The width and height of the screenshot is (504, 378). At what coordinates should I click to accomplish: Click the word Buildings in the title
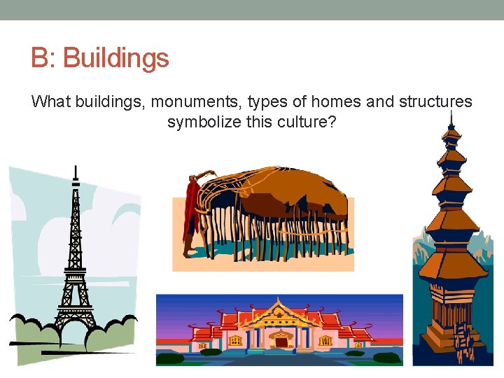click(x=116, y=57)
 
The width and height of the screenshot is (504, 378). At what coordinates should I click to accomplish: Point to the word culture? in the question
click(x=308, y=122)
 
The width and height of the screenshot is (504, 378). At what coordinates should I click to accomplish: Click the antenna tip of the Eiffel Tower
click(x=76, y=168)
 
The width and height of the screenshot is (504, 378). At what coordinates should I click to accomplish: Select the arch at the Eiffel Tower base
click(x=73, y=323)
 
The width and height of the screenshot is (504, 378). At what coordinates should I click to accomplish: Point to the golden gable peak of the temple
click(x=280, y=302)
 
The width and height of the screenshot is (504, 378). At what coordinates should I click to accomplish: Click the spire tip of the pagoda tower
click(x=451, y=115)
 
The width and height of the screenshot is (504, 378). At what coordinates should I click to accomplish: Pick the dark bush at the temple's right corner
click(x=386, y=358)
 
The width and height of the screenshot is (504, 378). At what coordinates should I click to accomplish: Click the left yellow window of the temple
click(x=235, y=341)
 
